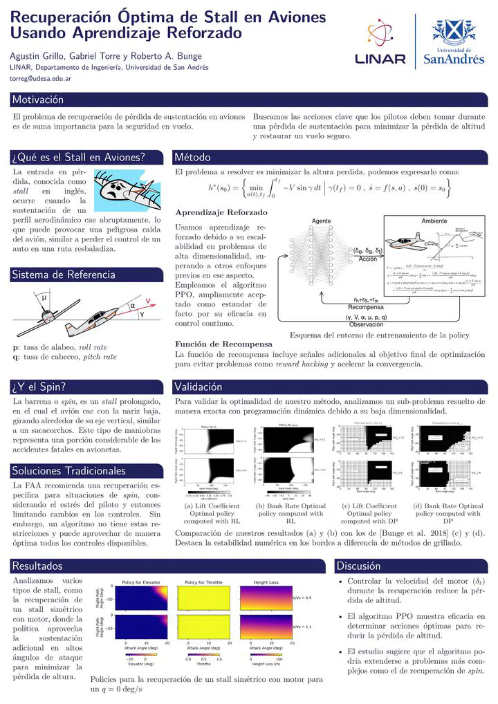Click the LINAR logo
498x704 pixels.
point(381,43)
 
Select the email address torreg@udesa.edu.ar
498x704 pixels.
point(41,79)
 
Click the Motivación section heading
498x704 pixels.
point(38,100)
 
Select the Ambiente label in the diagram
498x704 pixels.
point(435,221)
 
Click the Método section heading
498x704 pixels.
point(193,157)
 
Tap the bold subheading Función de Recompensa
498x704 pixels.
point(223,344)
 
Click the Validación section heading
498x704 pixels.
point(201,386)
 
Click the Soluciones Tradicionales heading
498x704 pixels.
point(69,471)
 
